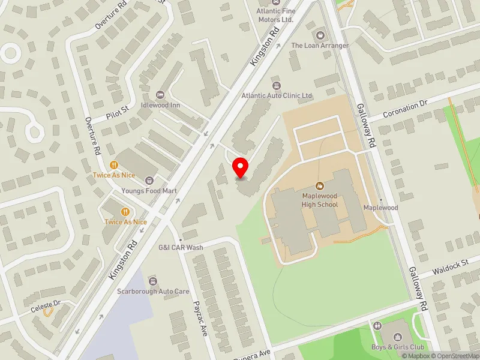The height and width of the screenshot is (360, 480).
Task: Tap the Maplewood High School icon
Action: coord(320,185)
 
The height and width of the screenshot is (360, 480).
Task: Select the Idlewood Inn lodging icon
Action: coord(160,95)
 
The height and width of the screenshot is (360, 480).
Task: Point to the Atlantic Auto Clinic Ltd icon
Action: coord(277,85)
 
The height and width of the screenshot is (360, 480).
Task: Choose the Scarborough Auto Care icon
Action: coord(153,281)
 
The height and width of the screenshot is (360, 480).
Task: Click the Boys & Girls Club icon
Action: coord(377,326)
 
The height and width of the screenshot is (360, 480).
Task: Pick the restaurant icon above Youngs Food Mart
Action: coord(114,164)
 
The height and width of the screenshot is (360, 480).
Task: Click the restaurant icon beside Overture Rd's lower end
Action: coord(125,211)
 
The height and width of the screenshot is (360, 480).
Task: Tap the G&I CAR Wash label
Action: coord(181,247)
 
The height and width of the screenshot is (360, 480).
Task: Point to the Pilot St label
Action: coord(118,111)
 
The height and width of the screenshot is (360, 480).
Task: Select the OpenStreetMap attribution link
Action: coord(454,356)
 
